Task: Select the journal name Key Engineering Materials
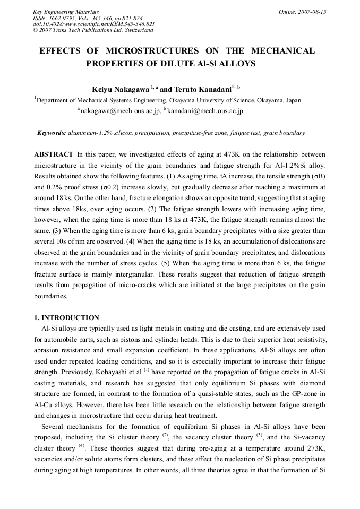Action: click(66, 12)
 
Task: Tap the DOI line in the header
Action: click(94, 24)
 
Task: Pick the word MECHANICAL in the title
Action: click(284, 51)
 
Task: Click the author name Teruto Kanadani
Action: click(203, 89)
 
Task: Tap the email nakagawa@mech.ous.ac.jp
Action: click(119, 111)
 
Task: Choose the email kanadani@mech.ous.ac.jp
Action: click(205, 111)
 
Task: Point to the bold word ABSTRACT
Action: click(54, 154)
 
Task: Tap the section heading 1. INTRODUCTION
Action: click(66, 318)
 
